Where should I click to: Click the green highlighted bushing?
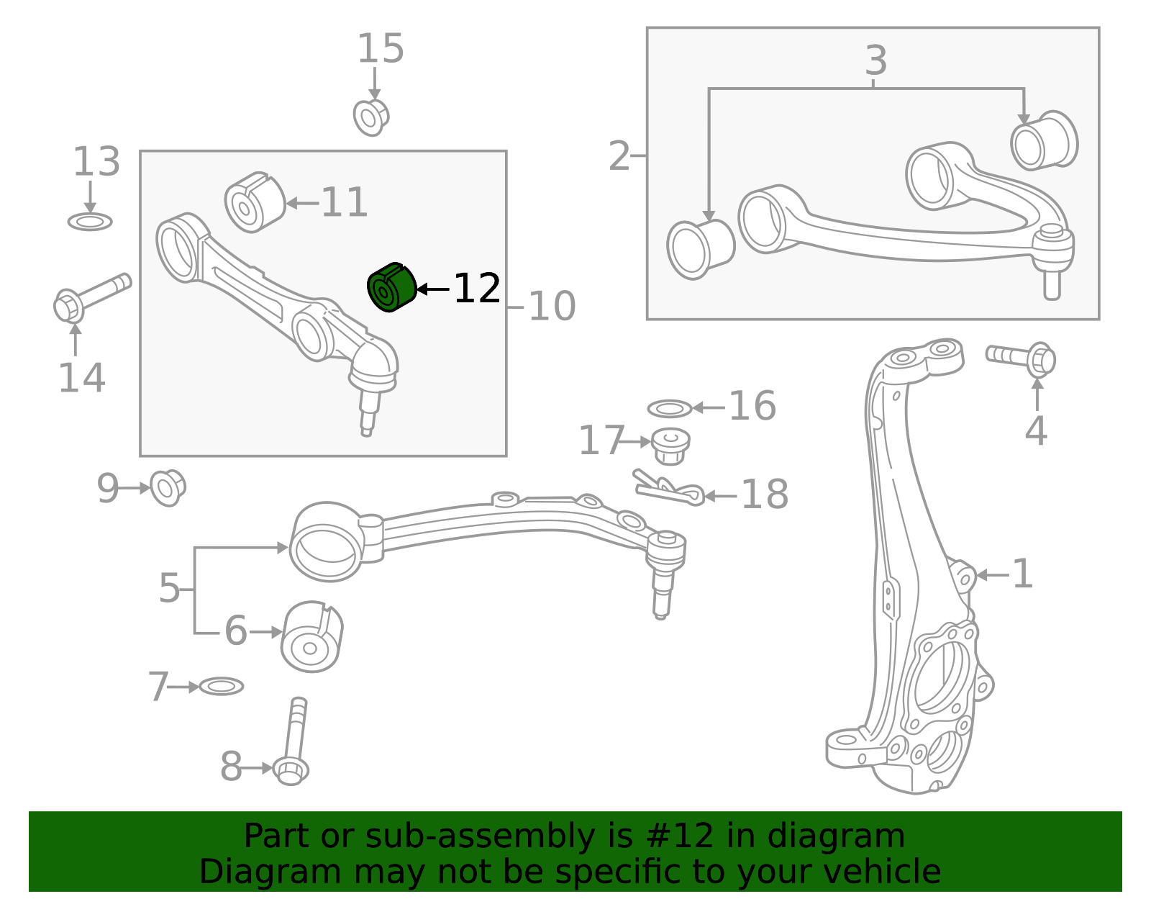[391, 287]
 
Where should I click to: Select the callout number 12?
[477, 289]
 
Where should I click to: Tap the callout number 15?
[381, 49]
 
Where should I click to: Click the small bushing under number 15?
[370, 117]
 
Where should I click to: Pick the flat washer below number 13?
[90, 222]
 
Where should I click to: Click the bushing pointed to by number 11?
[255, 202]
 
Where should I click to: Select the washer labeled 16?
[670, 408]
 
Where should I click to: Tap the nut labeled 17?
[670, 446]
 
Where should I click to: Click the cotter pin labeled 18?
[669, 488]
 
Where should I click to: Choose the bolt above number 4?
[1021, 360]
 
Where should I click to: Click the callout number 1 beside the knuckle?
[1022, 574]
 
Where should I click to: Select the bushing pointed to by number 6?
[311, 637]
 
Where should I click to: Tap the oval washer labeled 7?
[222, 687]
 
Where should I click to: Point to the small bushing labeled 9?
[168, 488]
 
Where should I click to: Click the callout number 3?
[875, 60]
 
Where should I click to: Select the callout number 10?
[552, 306]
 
